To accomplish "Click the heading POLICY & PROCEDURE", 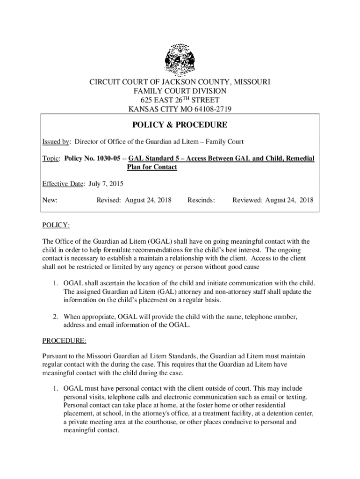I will point(180,125).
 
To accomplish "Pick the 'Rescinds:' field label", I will point(201,200).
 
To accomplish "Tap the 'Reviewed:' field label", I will point(247,200).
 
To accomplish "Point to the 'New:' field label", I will point(50,200).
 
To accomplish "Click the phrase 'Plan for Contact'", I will point(152,167).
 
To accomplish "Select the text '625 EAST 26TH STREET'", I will point(180,101).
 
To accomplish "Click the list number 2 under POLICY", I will point(55,317).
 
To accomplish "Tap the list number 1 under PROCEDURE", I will point(55,388).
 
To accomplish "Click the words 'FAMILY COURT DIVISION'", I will point(180,92).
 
